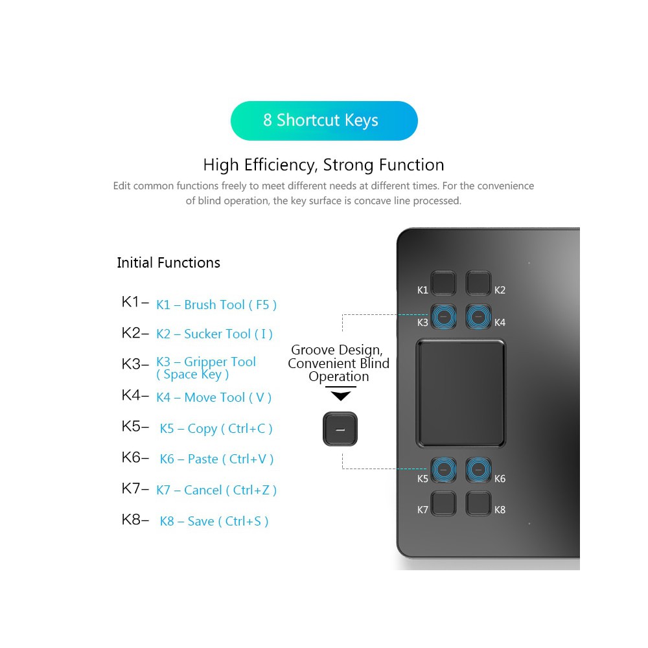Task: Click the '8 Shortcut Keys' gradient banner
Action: pyautogui.click(x=324, y=121)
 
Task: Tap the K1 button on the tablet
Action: pyautogui.click(x=445, y=283)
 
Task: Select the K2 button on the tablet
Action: pyautogui.click(x=478, y=283)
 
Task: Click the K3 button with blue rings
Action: pyautogui.click(x=445, y=316)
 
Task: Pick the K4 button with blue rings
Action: pyautogui.click(x=478, y=316)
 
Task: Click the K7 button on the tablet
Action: pyautogui.click(x=445, y=503)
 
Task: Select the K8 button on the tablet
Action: pyautogui.click(x=478, y=503)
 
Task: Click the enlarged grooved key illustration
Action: pyautogui.click(x=340, y=429)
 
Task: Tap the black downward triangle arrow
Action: pyautogui.click(x=340, y=395)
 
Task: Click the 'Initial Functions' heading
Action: pyautogui.click(x=168, y=262)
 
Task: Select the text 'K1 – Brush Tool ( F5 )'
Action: pyautogui.click(x=216, y=305)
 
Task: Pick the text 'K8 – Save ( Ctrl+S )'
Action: pyautogui.click(x=214, y=521)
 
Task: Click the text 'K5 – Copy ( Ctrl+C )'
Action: pyautogui.click(x=216, y=428)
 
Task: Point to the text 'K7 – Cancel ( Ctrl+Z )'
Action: pyautogui.click(x=216, y=490)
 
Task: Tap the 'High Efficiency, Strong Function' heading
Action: pyautogui.click(x=323, y=165)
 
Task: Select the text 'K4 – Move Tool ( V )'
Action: pyautogui.click(x=214, y=397)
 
